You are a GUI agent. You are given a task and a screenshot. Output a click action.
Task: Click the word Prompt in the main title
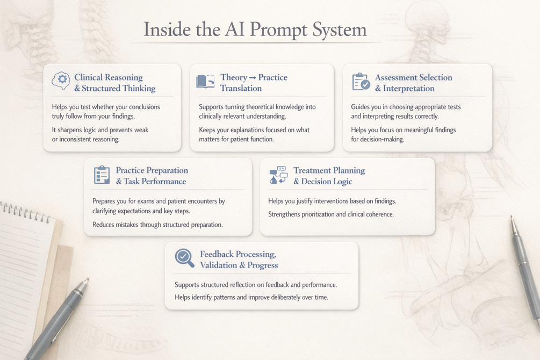tap(279, 30)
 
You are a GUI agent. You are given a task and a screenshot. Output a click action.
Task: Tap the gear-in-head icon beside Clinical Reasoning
tap(61, 81)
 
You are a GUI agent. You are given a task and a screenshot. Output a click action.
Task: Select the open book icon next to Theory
tap(205, 81)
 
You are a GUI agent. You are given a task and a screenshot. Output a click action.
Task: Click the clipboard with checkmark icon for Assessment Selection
tap(361, 82)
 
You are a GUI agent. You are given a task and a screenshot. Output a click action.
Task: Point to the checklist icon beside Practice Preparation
tap(102, 175)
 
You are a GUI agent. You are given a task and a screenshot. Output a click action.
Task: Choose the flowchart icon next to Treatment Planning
tap(279, 175)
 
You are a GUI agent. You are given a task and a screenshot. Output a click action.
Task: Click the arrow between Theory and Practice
tap(253, 78)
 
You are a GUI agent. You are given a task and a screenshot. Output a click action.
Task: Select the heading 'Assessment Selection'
tap(414, 77)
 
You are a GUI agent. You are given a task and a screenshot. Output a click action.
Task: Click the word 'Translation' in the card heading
tap(241, 89)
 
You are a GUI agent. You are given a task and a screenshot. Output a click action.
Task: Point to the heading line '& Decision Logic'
tap(323, 182)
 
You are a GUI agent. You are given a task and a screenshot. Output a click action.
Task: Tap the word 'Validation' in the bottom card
tap(219, 265)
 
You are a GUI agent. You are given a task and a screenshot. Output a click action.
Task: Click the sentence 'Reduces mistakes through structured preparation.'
tap(157, 225)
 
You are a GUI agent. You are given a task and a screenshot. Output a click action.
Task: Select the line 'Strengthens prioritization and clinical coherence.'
tap(331, 214)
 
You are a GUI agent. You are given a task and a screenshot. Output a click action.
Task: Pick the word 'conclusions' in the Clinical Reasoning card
tap(143, 107)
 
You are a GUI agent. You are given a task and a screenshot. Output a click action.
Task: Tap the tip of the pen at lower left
tap(87, 279)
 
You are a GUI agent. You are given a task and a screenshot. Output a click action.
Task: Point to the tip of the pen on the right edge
tap(512, 217)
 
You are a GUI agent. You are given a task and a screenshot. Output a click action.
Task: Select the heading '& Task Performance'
tap(151, 182)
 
